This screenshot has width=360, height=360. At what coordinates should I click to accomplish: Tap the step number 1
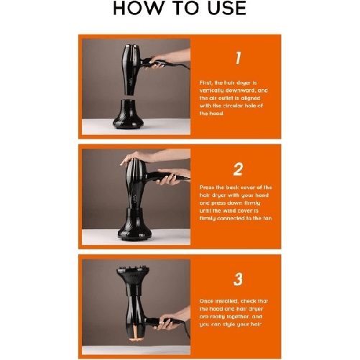click(238, 58)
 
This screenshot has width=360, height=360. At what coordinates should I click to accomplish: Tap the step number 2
click(238, 170)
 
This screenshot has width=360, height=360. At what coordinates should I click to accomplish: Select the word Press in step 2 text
click(208, 187)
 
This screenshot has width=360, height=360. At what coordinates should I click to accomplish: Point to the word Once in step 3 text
click(208, 300)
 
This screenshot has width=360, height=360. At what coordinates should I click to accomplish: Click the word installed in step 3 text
click(233, 300)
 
